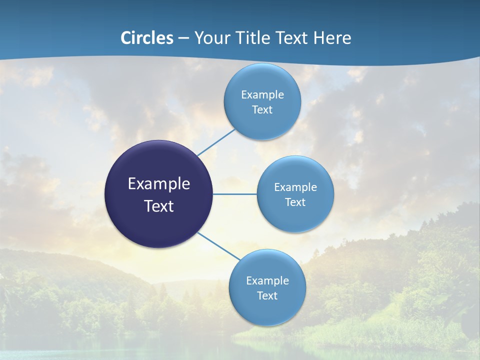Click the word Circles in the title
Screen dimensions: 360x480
147,38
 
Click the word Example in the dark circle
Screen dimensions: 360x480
159,184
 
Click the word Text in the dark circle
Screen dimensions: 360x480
159,206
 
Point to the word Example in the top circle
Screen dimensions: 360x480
262,95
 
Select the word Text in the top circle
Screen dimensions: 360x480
262,110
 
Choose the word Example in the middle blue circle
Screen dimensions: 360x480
295,187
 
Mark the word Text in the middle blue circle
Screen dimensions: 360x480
295,202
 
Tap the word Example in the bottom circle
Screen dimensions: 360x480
267,281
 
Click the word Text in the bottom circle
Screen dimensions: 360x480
267,296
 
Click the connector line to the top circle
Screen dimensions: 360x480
216,142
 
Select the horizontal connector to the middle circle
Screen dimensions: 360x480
235,194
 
